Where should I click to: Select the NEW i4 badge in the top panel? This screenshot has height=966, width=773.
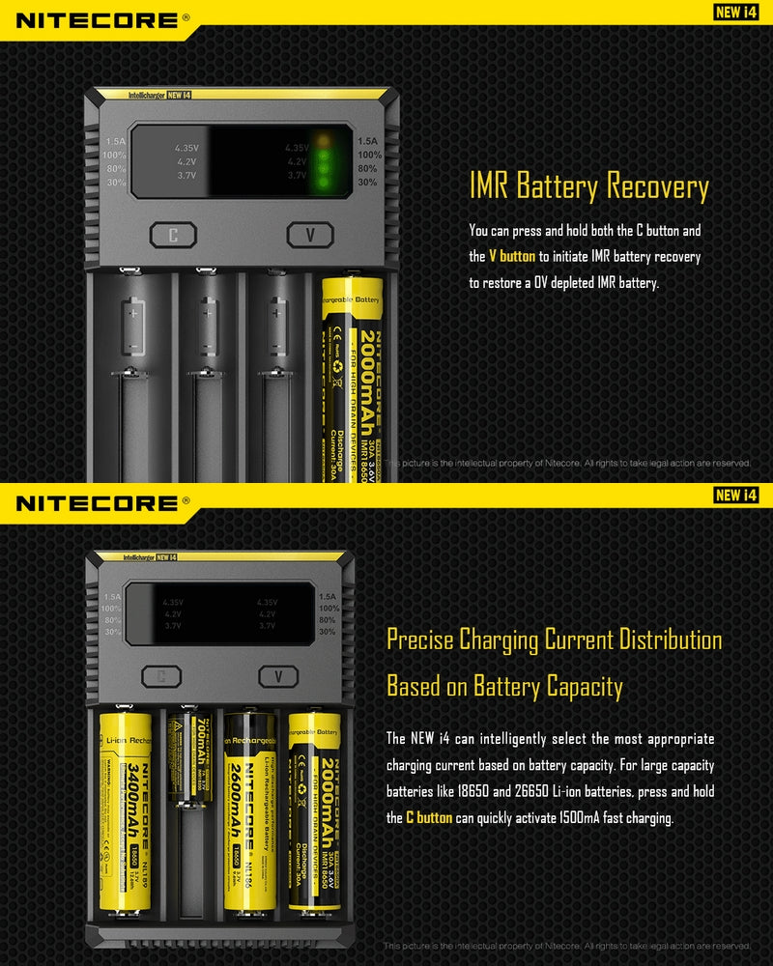pyautogui.click(x=733, y=13)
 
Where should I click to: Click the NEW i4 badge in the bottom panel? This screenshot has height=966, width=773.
pyautogui.click(x=733, y=496)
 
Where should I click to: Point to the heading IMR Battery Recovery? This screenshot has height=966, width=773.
pyautogui.click(x=588, y=186)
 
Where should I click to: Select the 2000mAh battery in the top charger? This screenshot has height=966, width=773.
pyautogui.click(x=353, y=377)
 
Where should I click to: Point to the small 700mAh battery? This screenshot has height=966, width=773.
pyautogui.click(x=189, y=758)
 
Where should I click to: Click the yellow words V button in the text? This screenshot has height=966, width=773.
pyautogui.click(x=511, y=257)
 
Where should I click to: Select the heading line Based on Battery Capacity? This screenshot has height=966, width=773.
pyautogui.click(x=504, y=687)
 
